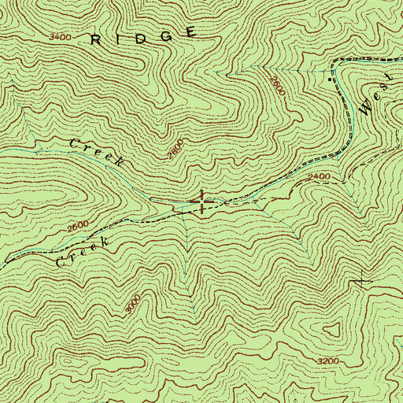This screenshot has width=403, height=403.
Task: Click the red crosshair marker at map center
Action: [202, 202]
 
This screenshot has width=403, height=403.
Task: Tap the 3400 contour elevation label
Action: [59, 37]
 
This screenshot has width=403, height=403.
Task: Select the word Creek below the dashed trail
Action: [80, 253]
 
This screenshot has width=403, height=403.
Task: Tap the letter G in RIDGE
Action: [166, 35]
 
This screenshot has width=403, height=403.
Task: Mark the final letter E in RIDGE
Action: [191, 32]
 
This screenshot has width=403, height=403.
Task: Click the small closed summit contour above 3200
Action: [331, 333]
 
